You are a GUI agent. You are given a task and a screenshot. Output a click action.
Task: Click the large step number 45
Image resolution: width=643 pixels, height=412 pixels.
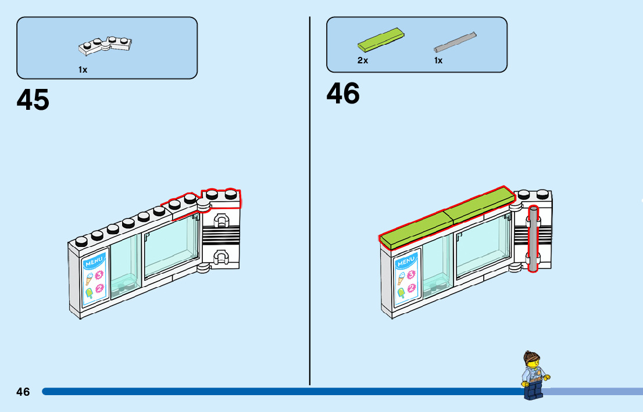pos(33,100)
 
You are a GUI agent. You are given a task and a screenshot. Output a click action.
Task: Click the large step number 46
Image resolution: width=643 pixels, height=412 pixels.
pos(343,94)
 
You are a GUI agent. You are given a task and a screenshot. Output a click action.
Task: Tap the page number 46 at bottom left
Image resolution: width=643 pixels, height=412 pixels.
pos(23,392)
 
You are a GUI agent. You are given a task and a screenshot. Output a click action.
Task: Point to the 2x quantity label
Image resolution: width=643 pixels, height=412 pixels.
pos(363,60)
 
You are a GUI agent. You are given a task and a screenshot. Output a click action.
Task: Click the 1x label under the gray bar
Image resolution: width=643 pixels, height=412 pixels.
pos(438,60)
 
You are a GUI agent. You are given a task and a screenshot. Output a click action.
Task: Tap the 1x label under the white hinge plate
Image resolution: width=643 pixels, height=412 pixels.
pos(83,70)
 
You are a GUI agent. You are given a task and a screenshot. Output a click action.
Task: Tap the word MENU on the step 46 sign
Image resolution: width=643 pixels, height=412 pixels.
pos(405,261)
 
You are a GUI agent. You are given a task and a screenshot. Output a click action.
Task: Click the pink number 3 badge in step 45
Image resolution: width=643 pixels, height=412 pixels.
pos(99,275)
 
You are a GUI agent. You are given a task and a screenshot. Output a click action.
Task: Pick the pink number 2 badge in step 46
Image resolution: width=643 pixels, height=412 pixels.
pos(411,286)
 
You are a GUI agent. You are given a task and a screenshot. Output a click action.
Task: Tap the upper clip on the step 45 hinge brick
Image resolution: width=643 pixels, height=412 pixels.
pos(220,220)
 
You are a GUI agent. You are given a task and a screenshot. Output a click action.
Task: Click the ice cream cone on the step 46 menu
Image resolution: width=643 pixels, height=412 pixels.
pos(401,277)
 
